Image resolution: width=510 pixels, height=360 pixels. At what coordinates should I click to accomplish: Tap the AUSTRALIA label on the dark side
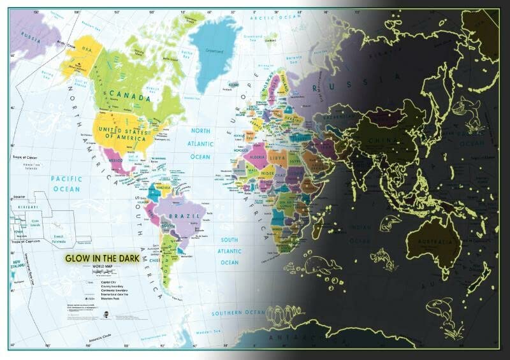tap(433, 241)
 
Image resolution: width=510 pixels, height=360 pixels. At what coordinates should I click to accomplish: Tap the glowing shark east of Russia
tap(474, 115)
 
